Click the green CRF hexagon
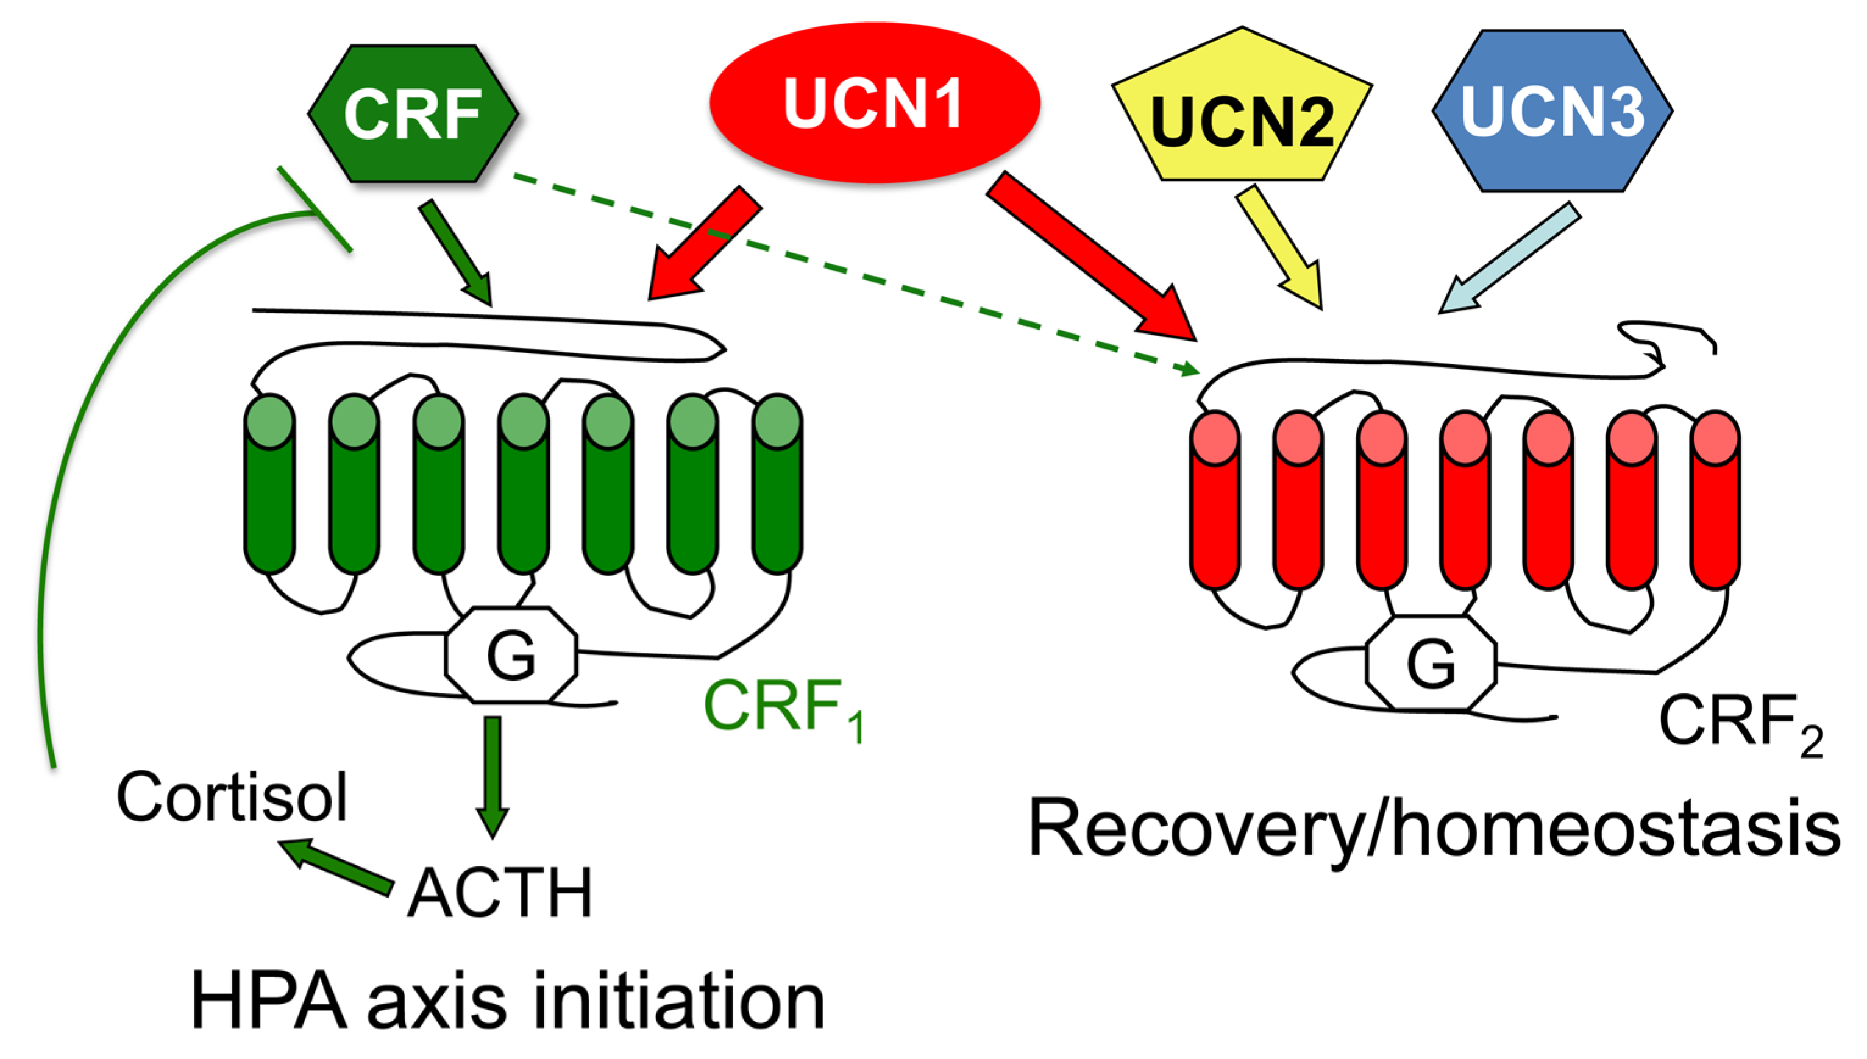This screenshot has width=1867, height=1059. pyautogui.click(x=413, y=113)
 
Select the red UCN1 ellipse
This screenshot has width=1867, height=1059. pyautogui.click(x=874, y=102)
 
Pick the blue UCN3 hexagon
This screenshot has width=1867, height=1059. pyautogui.click(x=1552, y=110)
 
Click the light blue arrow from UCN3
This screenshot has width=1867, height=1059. pyautogui.click(x=1510, y=258)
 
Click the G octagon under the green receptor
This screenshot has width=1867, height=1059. pyautogui.click(x=511, y=654)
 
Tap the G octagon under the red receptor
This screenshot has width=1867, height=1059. pyautogui.click(x=1431, y=662)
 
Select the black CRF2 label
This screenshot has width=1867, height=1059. pyautogui.click(x=1739, y=723)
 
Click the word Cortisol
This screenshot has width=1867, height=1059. pyautogui.click(x=232, y=798)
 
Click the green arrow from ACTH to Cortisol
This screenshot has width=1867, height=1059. pyautogui.click(x=338, y=865)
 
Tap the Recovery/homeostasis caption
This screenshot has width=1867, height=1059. pyautogui.click(x=1434, y=829)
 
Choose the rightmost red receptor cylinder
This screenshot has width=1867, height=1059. pyautogui.click(x=1715, y=502)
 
